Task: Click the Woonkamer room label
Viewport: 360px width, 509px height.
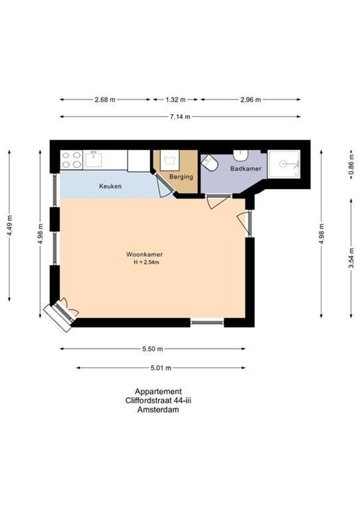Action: point(144,254)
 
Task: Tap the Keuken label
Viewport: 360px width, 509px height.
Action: point(110,186)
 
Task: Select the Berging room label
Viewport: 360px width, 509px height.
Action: point(181,177)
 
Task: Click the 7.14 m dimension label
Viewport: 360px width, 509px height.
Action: point(180,117)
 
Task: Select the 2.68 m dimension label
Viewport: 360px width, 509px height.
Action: point(105,99)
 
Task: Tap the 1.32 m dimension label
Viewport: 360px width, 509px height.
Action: point(175,99)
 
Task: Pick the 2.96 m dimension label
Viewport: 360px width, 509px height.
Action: point(250,99)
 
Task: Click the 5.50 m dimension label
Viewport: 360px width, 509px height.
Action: point(152,349)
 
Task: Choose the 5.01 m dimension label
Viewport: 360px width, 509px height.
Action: point(160,368)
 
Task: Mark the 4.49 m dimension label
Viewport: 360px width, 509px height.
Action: point(9,225)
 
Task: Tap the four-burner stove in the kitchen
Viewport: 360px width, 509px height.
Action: point(71,160)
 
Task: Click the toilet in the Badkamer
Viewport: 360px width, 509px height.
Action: point(210,164)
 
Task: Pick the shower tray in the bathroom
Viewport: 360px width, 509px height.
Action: point(284,164)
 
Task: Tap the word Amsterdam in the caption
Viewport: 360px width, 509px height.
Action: point(158,410)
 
